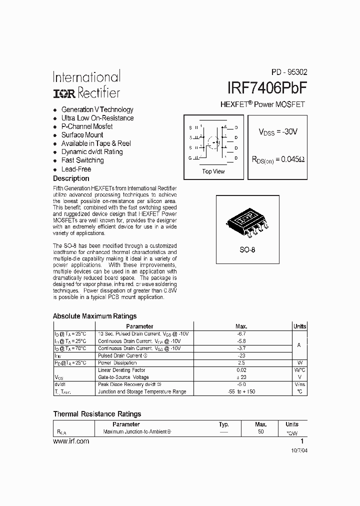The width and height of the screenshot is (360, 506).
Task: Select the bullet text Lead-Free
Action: (76, 169)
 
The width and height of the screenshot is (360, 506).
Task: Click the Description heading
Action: (71, 178)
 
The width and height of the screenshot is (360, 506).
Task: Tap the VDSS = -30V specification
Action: (278, 132)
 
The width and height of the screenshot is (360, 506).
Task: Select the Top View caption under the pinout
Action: (213, 171)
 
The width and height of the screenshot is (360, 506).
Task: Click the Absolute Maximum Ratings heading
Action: (94, 316)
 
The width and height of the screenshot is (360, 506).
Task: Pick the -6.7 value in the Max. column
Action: (241, 333)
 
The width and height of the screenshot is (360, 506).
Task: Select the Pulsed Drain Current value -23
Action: (241, 355)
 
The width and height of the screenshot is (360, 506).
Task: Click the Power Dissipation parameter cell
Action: (117, 363)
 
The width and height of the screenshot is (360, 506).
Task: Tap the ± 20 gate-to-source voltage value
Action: (241, 377)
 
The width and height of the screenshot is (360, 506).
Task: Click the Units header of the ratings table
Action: (299, 326)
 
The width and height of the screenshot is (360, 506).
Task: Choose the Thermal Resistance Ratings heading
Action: (97, 414)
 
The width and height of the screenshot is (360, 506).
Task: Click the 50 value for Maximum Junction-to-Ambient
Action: (260, 431)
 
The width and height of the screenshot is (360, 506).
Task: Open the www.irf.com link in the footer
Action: (71, 441)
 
